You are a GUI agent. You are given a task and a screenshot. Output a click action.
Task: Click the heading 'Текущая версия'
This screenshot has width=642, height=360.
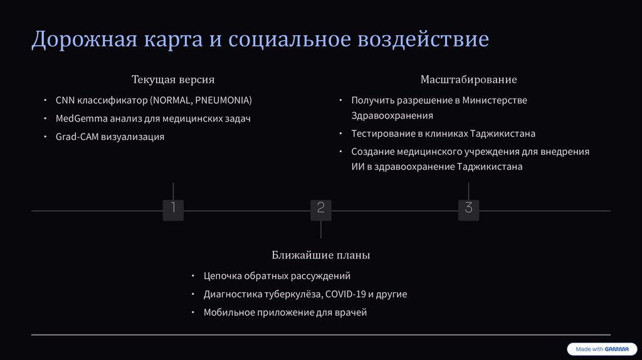(x=173, y=80)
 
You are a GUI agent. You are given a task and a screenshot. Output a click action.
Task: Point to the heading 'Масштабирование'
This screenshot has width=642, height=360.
(x=468, y=80)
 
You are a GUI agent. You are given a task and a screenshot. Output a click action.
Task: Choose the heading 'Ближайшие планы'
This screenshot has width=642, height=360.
(x=321, y=255)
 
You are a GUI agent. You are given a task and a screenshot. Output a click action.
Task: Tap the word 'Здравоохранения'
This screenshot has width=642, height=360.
(x=392, y=116)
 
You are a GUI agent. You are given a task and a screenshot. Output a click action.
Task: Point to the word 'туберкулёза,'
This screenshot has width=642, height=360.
(x=292, y=294)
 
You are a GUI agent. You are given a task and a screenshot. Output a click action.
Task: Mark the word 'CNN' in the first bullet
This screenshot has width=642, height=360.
(x=65, y=100)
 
